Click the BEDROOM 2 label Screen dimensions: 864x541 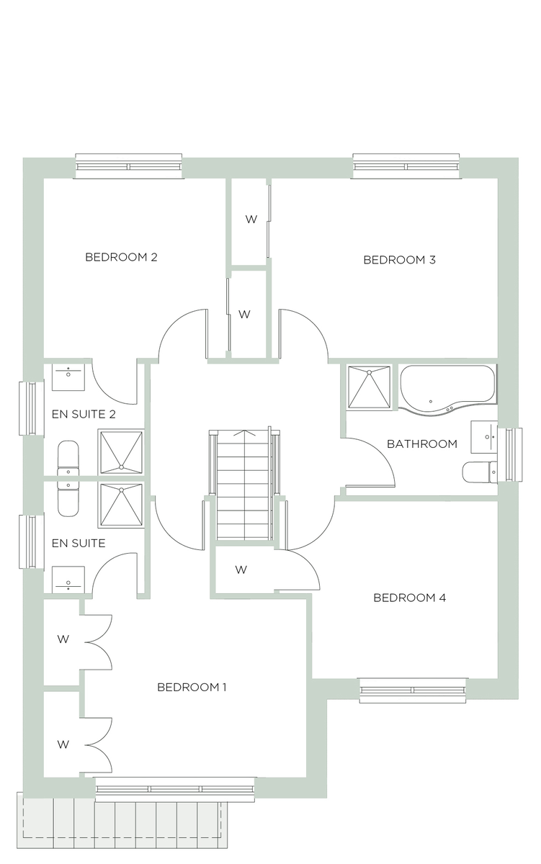click(x=121, y=257)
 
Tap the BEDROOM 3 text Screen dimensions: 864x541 click(x=399, y=260)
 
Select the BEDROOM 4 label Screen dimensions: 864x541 click(x=409, y=598)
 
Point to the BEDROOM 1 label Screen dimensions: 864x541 click(x=192, y=687)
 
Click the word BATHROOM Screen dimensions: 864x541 click(x=422, y=444)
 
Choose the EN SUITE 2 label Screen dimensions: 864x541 click(x=84, y=415)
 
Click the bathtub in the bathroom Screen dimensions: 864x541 click(x=447, y=389)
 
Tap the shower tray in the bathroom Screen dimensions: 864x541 click(x=369, y=387)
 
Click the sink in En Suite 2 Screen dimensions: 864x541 click(x=68, y=374)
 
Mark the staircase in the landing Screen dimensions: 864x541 click(x=243, y=486)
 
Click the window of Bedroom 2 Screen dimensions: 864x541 click(x=128, y=166)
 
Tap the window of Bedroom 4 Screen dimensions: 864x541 click(x=413, y=690)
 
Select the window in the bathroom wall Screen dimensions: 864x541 click(x=513, y=455)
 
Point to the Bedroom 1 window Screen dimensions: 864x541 click(x=175, y=789)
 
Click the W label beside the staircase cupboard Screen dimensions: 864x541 click(x=241, y=570)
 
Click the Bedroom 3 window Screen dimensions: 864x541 click(x=406, y=166)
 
